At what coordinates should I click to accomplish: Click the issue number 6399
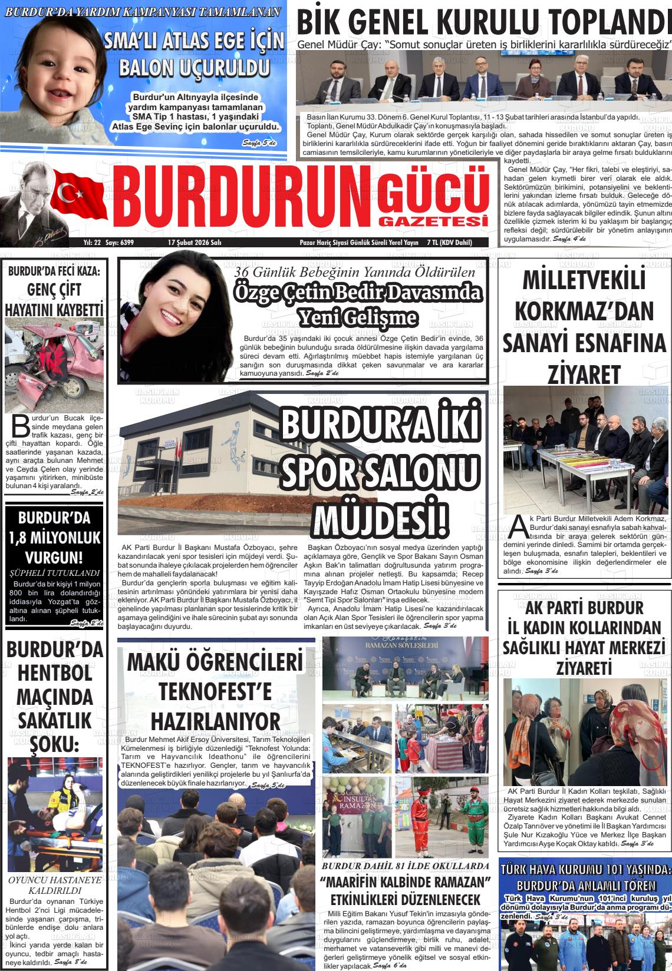pos(125,243)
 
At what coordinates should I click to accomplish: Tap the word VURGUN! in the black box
pos(54,557)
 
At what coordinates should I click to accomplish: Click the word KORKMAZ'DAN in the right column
pos(583,311)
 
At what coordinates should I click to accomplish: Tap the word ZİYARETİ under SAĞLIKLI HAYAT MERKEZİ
pos(584,668)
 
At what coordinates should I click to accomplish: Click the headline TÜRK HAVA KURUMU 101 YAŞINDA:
pos(585,870)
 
